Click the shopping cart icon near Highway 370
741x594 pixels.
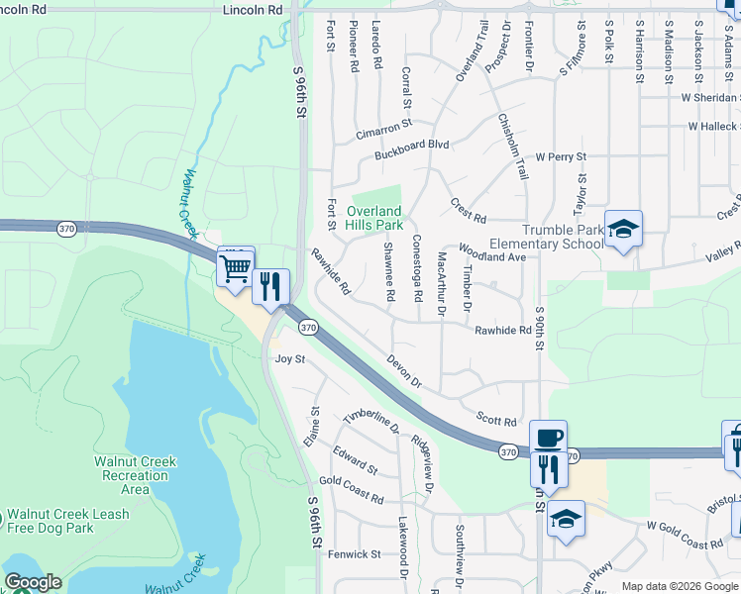[x=236, y=266]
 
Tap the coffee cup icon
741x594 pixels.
[x=548, y=438]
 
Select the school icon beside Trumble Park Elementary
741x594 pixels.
[x=623, y=230]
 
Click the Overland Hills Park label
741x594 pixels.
[x=374, y=218]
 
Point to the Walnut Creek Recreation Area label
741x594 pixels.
[x=135, y=475]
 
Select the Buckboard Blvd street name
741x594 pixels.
[x=412, y=145]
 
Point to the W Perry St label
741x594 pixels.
[x=561, y=156]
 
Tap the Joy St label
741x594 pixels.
[x=289, y=359]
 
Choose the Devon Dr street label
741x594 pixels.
[x=404, y=371]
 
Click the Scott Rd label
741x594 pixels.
[x=496, y=421]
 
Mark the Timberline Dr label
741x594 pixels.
[x=370, y=423]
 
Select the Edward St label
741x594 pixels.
[x=355, y=459]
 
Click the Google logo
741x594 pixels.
[x=32, y=582]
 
